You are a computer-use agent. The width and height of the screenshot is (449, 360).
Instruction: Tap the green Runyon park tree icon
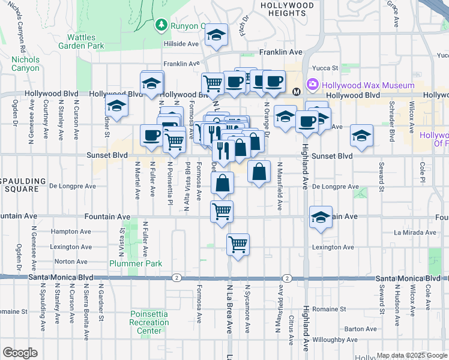160,25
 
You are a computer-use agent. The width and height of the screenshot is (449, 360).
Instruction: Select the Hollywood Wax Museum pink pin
312,85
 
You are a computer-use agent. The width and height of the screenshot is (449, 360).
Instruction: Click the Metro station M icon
296,92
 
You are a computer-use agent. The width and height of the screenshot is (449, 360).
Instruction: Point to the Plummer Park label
127,263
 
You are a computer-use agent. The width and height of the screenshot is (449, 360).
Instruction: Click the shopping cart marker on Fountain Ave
222,211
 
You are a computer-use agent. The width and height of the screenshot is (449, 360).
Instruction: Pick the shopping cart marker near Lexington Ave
238,244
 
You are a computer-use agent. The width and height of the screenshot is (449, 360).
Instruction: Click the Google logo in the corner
20,353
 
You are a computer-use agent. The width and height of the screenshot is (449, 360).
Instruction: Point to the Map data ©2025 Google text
411,355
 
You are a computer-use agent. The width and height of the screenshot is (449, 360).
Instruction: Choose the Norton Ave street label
71,262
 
